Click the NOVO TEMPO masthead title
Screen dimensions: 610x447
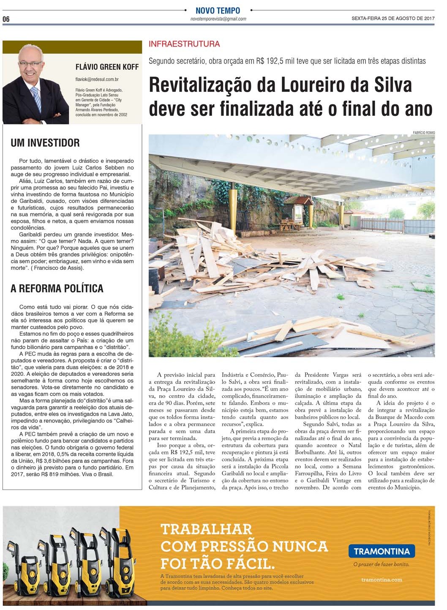(218, 11)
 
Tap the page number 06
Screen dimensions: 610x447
(6, 19)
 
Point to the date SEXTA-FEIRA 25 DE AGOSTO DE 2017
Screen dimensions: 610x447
(393, 19)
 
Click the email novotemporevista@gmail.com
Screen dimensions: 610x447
(218, 19)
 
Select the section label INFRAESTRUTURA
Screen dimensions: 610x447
(184, 44)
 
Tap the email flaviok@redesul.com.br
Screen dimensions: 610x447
(97, 79)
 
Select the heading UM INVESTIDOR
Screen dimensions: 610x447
(45, 143)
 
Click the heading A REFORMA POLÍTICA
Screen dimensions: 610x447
(57, 289)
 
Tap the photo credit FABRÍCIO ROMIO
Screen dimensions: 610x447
(424, 133)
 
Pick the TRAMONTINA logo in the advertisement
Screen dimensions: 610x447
(382, 551)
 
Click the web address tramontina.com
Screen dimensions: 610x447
(382, 580)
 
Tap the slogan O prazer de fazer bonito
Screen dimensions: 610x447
(381, 564)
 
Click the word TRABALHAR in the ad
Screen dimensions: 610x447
(207, 529)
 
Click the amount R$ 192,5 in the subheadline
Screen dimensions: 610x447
(269, 61)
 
